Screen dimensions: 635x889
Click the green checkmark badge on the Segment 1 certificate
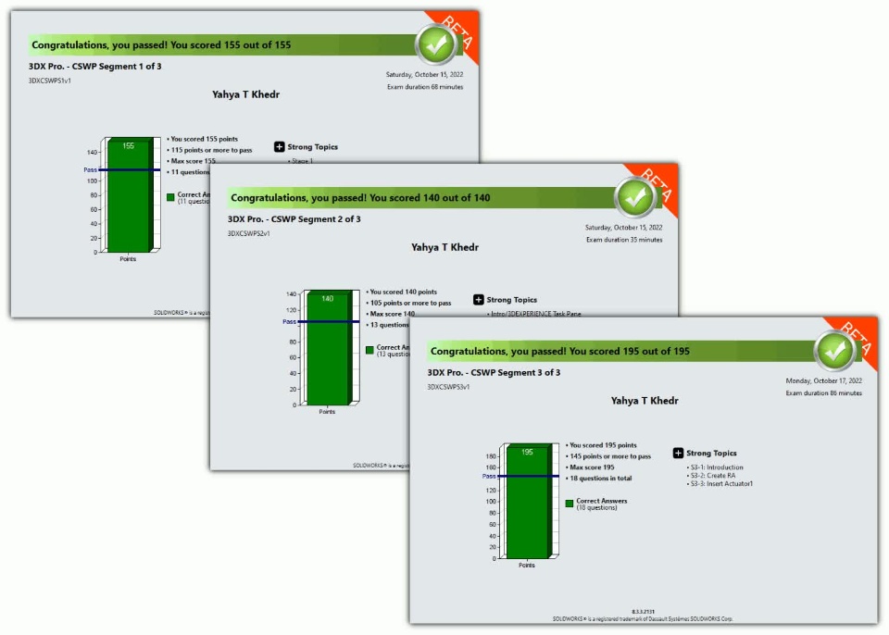point(435,44)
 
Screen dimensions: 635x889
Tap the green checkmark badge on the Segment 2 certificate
point(635,196)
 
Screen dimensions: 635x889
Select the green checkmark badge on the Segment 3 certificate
point(835,350)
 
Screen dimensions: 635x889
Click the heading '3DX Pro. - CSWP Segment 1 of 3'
point(95,67)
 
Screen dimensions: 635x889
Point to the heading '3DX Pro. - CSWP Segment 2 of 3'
point(294,219)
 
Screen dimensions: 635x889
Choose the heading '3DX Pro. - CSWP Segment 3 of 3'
point(494,372)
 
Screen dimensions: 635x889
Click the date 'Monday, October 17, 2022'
point(823,380)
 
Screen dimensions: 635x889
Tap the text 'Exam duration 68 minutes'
point(425,87)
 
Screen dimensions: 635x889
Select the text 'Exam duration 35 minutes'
point(624,240)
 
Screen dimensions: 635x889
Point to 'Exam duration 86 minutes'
point(823,392)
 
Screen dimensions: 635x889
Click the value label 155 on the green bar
point(128,145)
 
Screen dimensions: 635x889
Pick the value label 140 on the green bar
point(327,298)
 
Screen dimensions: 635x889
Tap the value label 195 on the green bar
point(527,452)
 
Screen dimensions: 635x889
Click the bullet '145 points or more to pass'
point(610,456)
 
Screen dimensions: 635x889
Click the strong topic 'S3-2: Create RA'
point(711,476)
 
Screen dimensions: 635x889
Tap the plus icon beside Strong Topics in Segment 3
point(678,454)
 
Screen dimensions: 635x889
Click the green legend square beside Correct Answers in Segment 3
point(570,503)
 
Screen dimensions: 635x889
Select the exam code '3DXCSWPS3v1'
point(448,387)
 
